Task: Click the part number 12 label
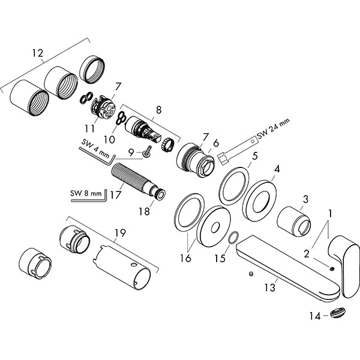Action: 37,53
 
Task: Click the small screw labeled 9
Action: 146,154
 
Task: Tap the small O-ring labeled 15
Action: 235,239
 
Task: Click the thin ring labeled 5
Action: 233,186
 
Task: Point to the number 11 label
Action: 90,127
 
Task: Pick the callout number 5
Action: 254,157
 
